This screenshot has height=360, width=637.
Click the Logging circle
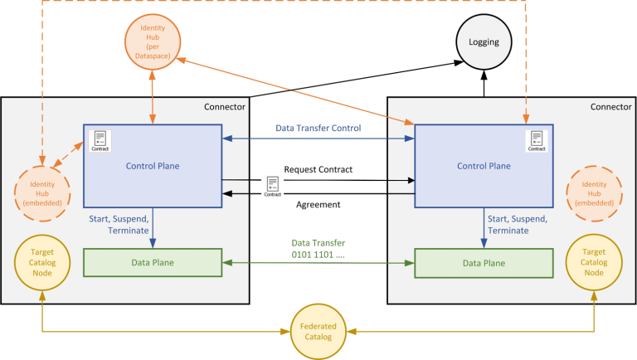coord(484,41)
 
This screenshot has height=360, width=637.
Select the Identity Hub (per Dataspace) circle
coord(152,41)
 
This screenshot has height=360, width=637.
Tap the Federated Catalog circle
coord(318,333)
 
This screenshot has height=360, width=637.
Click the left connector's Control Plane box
coord(152,166)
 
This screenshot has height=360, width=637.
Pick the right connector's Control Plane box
coord(483,166)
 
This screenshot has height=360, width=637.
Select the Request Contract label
coord(318,169)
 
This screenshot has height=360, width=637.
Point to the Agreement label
coord(318,203)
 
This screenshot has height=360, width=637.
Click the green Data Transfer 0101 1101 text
coord(318,248)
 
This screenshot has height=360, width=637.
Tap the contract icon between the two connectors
coord(272,185)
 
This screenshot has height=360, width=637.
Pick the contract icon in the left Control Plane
coord(100,140)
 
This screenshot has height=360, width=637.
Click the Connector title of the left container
coord(225,106)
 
